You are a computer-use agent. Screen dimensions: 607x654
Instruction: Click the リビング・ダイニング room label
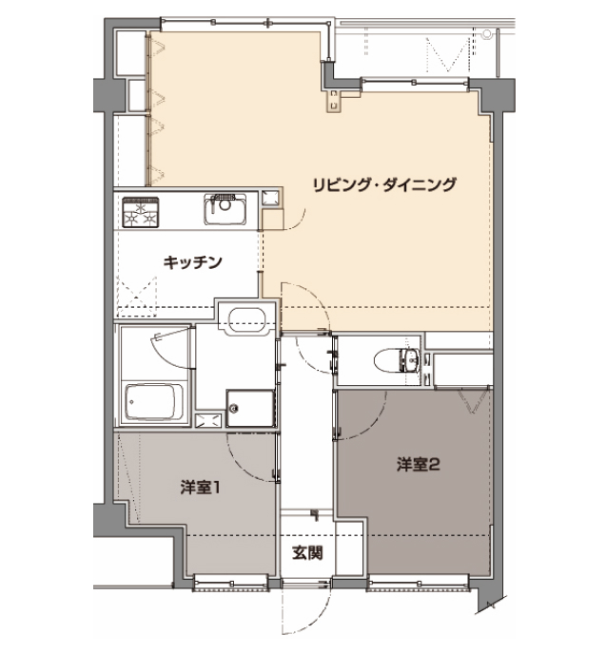[x=384, y=184]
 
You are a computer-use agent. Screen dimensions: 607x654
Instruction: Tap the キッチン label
[x=192, y=262]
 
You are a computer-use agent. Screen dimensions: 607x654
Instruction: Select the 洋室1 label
[x=200, y=487]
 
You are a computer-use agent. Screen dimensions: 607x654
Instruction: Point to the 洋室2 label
[x=419, y=464]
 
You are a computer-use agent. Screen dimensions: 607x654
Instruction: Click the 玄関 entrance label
[x=307, y=553]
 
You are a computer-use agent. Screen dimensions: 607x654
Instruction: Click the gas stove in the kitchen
[x=141, y=212]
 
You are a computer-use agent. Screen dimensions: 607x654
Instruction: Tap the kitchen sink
[x=225, y=209]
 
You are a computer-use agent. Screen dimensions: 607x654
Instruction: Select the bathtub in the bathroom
[x=154, y=402]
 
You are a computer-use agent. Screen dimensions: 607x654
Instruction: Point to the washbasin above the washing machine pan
[x=246, y=320]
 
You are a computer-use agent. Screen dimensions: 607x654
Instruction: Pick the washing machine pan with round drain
[x=250, y=409]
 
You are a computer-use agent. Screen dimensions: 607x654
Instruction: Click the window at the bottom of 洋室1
[x=231, y=583]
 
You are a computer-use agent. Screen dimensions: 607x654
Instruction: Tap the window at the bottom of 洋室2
[x=419, y=583]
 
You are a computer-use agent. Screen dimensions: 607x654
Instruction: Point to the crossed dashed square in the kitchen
[x=136, y=298]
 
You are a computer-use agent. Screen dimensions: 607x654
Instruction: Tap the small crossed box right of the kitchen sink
[x=269, y=198]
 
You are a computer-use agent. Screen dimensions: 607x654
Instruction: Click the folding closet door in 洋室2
[x=474, y=401]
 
